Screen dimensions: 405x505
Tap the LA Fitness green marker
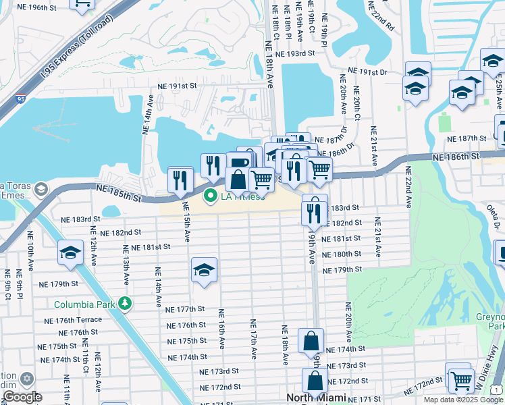[210, 196]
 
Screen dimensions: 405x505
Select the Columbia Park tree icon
[124, 303]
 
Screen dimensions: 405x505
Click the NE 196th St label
[38, 7]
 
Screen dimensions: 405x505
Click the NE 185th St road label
[119, 194]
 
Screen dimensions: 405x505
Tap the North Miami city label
[316, 398]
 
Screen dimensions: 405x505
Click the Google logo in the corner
[22, 397]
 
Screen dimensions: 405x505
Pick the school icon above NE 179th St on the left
[70, 252]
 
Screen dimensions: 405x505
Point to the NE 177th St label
[185, 308]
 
